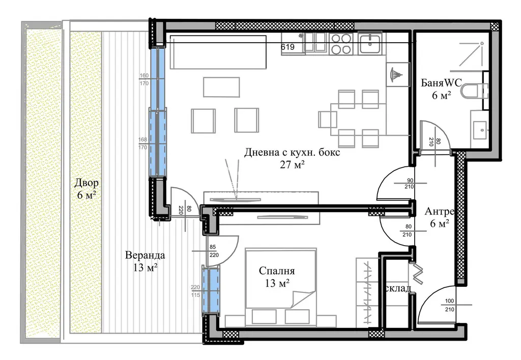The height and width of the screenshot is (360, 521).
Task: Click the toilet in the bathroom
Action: (x=474, y=91)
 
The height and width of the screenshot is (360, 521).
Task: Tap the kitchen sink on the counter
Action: (x=369, y=44)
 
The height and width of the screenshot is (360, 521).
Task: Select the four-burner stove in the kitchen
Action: (x=341, y=44)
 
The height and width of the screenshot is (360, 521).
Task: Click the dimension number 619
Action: (x=288, y=47)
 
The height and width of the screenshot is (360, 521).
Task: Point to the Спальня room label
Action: (x=277, y=271)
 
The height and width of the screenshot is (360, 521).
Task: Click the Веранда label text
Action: (x=145, y=255)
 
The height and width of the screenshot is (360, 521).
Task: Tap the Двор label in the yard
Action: (x=86, y=183)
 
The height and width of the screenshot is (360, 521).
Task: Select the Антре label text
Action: (x=439, y=212)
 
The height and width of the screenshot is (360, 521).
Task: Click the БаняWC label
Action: (x=441, y=82)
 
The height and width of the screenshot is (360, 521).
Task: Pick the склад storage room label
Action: (x=397, y=288)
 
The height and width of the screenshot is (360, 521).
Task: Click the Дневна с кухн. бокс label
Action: (x=292, y=153)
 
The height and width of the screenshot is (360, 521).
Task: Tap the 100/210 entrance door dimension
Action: (x=449, y=305)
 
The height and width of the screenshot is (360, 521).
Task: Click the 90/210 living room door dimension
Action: (x=409, y=184)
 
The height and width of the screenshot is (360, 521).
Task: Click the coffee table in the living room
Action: (x=221, y=87)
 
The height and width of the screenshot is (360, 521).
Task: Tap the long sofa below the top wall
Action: (x=218, y=52)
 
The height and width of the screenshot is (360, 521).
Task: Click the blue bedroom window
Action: (x=211, y=290)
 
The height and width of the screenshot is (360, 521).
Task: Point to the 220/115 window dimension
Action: (x=195, y=291)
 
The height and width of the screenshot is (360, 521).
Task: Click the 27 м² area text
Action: (x=292, y=165)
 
